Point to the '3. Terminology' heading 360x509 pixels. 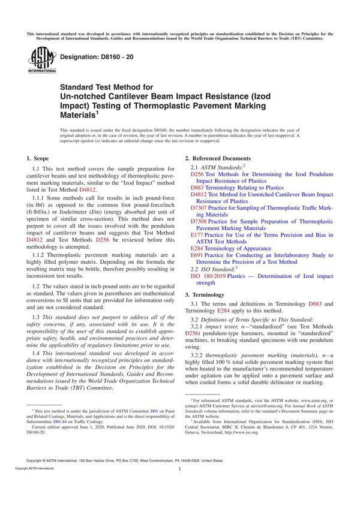click(x=205, y=294)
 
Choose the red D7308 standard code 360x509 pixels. click(x=199, y=221)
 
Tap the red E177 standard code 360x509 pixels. click(x=197, y=235)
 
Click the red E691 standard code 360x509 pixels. click(x=197, y=255)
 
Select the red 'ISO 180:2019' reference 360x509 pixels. click(x=211, y=276)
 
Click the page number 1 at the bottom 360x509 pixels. click(x=180, y=487)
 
